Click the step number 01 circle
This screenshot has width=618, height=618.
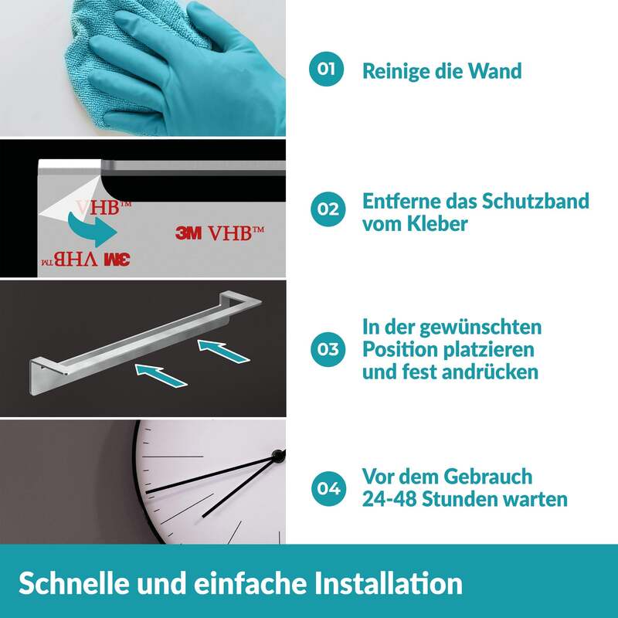pos(326,69)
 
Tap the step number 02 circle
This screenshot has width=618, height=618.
pos(328,209)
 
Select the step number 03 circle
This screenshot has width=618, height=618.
pos(328,349)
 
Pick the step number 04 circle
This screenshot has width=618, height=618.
pos(328,489)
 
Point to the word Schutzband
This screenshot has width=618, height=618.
pos(535,201)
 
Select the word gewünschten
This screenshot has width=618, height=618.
pos(480,328)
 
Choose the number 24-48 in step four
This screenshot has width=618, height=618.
pos(389,499)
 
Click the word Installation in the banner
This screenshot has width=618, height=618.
pos(389,583)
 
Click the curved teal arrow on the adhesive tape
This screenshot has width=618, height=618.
pos(93,229)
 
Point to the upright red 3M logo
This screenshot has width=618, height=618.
pos(188,233)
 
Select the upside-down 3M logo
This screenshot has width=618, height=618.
pos(117,260)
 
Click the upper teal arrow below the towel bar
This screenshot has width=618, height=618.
pos(223,351)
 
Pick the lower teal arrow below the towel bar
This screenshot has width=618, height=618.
pos(161,375)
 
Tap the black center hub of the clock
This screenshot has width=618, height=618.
pos(279,456)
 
